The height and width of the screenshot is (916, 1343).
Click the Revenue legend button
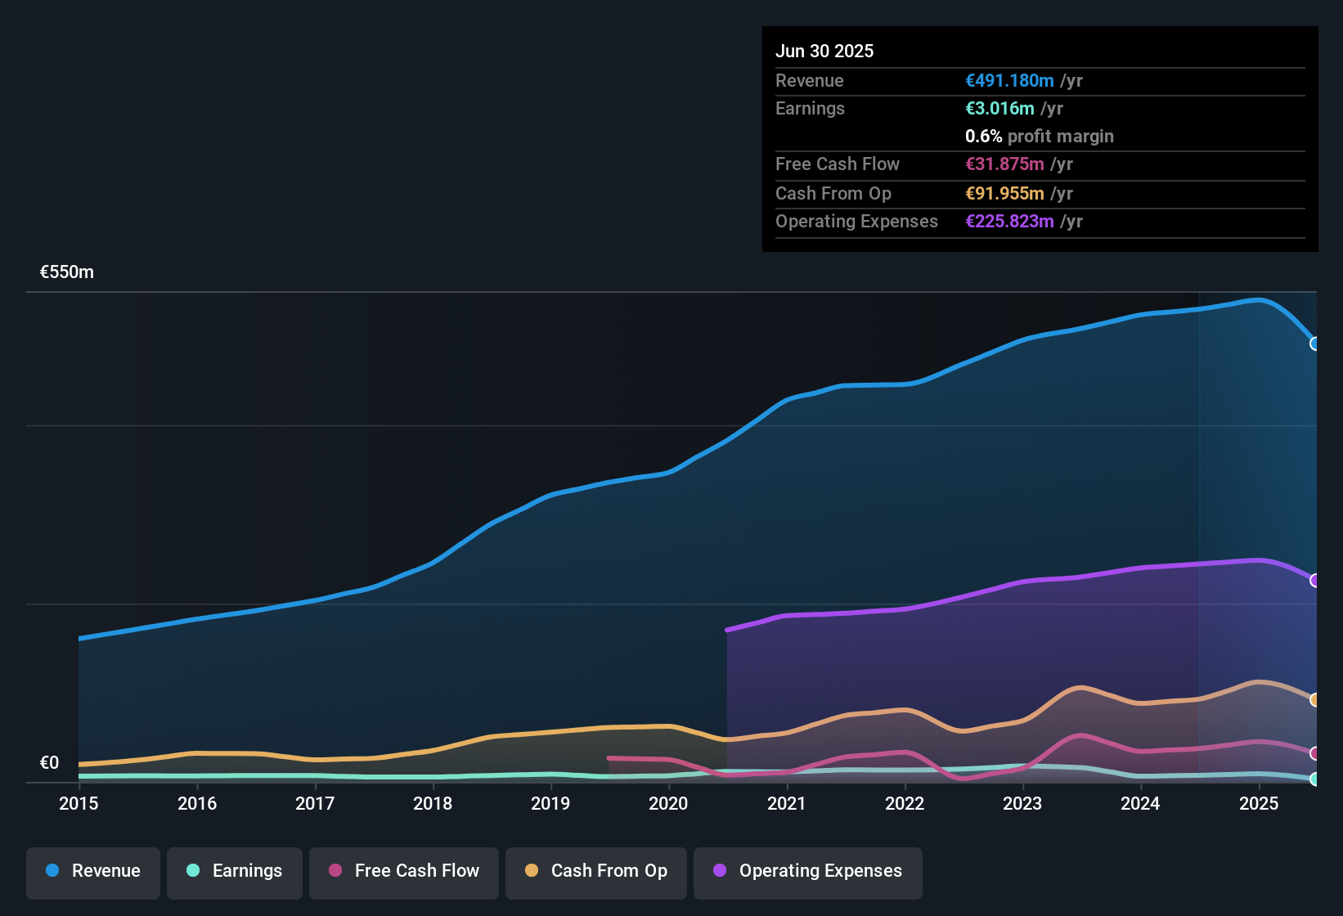[x=93, y=871]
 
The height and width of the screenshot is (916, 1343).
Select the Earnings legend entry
[x=235, y=871]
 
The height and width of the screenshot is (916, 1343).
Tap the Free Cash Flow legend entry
[x=404, y=871]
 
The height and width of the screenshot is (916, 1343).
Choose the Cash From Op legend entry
[x=596, y=871]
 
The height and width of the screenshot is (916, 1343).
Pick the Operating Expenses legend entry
[x=808, y=871]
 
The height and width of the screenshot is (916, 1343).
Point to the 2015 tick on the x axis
[x=79, y=803]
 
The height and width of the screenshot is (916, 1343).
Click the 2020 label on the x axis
[x=668, y=803]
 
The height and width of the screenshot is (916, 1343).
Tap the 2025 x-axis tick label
[x=1258, y=803]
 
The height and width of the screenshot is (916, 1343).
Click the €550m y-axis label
[x=67, y=272]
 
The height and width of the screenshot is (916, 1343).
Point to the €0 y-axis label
[x=49, y=763]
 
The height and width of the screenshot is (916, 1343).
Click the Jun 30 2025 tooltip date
[x=824, y=51]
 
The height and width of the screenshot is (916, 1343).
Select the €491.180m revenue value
[x=1009, y=81]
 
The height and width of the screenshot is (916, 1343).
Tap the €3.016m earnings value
[x=999, y=109]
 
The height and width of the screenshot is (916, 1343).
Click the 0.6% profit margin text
[x=1039, y=137]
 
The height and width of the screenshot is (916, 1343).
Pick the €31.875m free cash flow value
[x=1004, y=164]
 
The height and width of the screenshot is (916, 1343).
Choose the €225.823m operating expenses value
[x=1009, y=222]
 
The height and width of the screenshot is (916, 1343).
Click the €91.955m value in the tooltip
[x=1004, y=194]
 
